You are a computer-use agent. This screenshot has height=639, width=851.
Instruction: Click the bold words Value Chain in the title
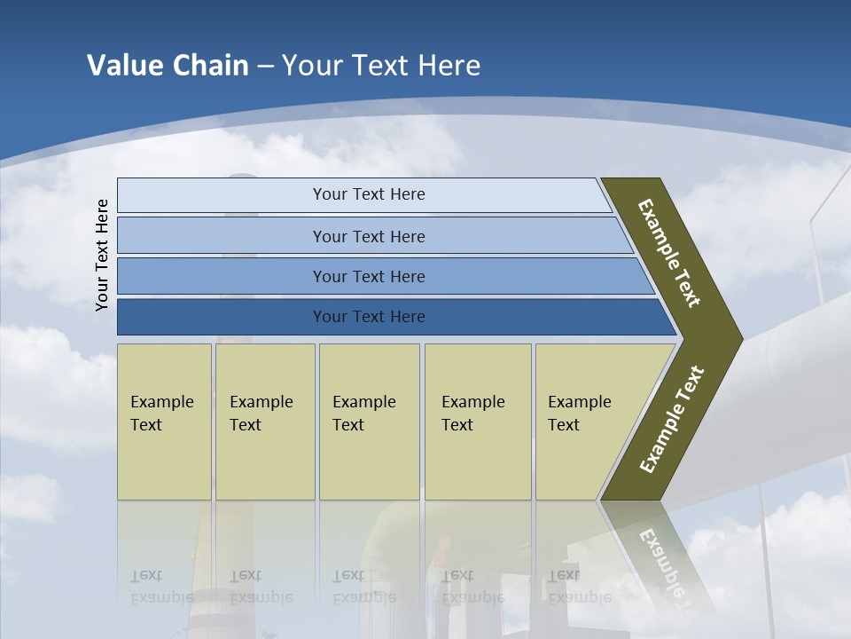168,66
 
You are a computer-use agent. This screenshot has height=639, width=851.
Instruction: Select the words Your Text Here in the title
381,66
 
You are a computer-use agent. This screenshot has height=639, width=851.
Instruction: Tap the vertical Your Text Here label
102,256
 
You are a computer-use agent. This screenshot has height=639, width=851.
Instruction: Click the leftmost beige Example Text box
164,422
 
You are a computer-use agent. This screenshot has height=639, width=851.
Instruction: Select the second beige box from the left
264,422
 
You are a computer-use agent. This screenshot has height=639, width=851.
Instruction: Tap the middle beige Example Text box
369,422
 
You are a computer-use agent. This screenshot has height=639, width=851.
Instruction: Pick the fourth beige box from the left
478,422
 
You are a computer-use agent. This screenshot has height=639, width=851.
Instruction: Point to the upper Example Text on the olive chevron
669,253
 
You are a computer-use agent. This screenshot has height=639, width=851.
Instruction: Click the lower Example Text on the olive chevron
672,420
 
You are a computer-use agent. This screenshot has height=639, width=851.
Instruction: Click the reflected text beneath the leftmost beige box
161,586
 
